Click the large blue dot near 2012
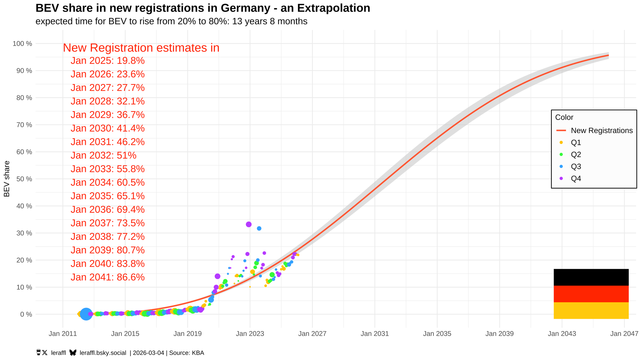pos(86,314)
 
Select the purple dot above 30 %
pos(249,224)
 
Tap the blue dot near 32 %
pos(259,228)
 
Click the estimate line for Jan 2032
pos(103,156)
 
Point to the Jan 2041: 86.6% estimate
pos(108,277)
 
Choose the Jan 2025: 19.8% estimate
pos(108,61)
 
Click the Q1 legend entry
pos(576,142)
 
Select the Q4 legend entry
pos(576,179)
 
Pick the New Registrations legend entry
pos(602,131)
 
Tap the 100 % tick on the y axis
pos(22,44)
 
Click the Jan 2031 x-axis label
pos(375,334)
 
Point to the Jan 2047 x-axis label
pos(624,334)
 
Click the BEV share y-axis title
pos(7,179)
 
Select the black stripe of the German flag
pos(591,277)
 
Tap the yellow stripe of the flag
pos(591,310)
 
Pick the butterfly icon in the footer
pos(73,353)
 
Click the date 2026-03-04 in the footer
pos(148,353)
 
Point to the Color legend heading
pos(564,117)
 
